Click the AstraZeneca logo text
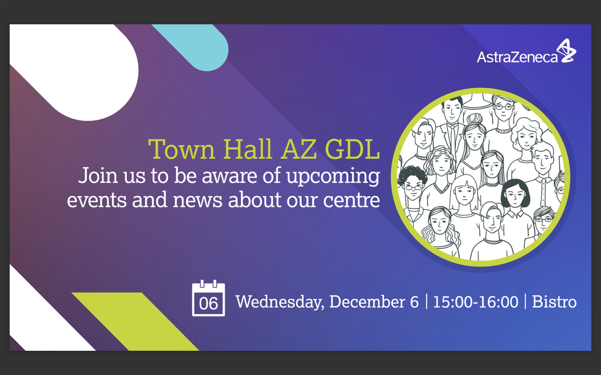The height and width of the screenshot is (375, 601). [517, 57]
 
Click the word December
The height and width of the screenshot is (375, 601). [367, 301]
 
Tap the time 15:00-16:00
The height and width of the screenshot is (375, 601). [476, 302]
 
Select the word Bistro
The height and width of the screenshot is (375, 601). [554, 301]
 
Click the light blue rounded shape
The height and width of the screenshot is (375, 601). [200, 45]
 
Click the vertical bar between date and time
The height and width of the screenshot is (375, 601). [426, 301]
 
